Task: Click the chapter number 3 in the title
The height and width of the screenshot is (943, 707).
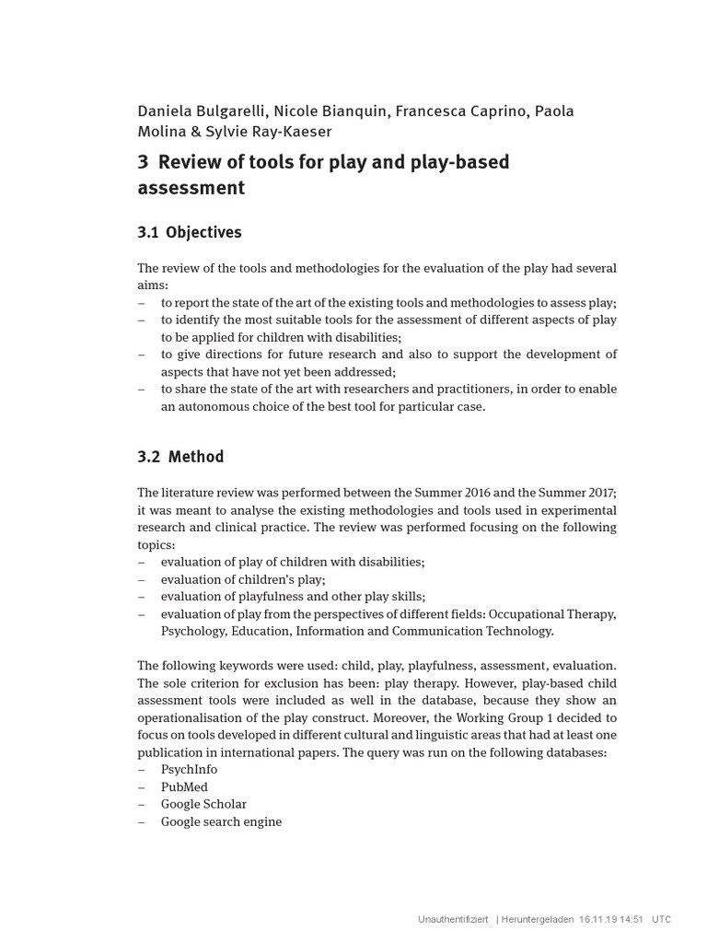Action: pyautogui.click(x=143, y=163)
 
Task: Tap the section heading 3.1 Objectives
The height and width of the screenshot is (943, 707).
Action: pyautogui.click(x=190, y=232)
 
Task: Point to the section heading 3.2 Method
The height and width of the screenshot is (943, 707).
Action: pyautogui.click(x=180, y=457)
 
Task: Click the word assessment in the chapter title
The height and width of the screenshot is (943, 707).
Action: pyautogui.click(x=191, y=189)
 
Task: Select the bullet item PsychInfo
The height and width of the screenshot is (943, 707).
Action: pyautogui.click(x=189, y=770)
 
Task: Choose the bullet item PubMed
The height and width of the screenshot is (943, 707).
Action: pyautogui.click(x=184, y=787)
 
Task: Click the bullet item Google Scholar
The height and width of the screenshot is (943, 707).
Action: pyautogui.click(x=203, y=804)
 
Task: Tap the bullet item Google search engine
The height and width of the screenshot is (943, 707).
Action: pyautogui.click(x=221, y=821)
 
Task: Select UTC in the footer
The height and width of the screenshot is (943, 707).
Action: pyautogui.click(x=662, y=919)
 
